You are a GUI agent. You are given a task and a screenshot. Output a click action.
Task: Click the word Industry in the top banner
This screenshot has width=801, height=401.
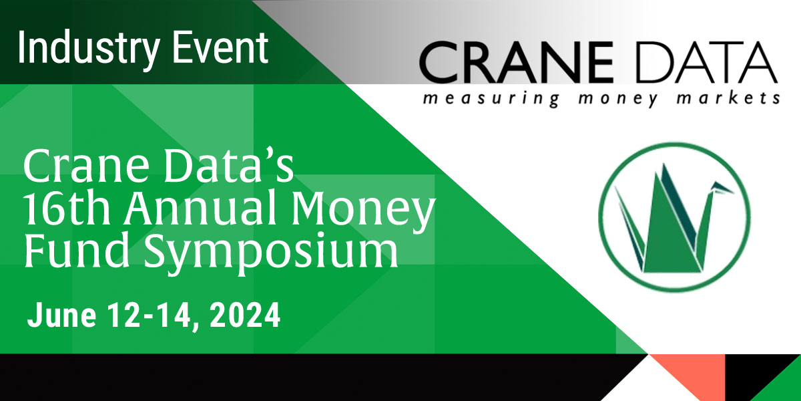point(88,49)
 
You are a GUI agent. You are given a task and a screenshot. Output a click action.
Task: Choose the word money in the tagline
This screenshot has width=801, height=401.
point(618,99)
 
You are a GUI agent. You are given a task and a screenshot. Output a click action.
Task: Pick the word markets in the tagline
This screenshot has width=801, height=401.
point(728,98)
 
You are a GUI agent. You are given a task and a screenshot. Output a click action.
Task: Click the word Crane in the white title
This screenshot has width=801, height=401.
point(86,166)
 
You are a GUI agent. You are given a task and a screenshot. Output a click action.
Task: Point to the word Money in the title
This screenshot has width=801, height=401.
point(364,212)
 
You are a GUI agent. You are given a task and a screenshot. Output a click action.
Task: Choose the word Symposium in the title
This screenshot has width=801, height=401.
point(272,253)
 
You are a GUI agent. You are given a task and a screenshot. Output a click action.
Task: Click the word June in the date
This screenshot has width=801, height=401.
point(61,315)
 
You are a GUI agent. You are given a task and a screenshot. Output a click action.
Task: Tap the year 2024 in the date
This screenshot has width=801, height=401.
point(245,315)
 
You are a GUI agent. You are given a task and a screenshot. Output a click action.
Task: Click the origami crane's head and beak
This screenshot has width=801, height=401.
point(720,188)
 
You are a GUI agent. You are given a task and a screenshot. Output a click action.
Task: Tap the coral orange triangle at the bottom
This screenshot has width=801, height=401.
point(688,372)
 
